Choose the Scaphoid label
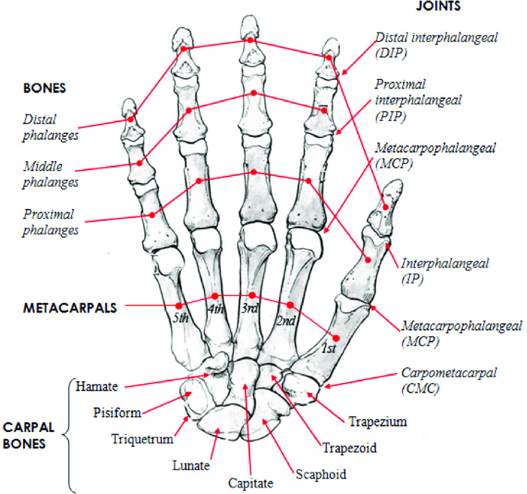321,475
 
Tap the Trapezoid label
349,446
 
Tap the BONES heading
44,89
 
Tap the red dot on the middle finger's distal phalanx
250,40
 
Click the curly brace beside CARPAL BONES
69,434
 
